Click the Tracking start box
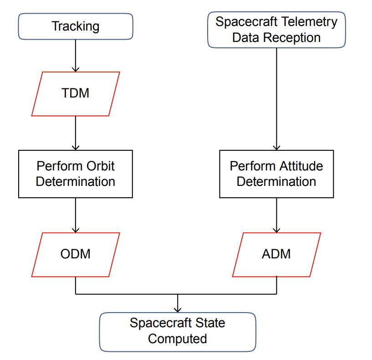pos(75,26)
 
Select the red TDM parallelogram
pos(76,93)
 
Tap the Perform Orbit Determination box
pos(76,174)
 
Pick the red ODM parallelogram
pos(76,254)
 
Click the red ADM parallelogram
pos(276,254)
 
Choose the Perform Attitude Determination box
pos(276,174)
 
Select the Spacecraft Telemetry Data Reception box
pos(276,30)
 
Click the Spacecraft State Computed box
pos(177,331)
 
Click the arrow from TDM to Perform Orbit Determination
pos(76,133)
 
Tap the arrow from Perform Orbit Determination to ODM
pos(76,215)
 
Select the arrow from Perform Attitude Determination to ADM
pos(276,215)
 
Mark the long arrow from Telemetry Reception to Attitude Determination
pos(276,98)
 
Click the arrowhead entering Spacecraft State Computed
pos(178,309)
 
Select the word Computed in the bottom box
pos(177,339)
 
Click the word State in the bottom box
pos(209,324)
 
